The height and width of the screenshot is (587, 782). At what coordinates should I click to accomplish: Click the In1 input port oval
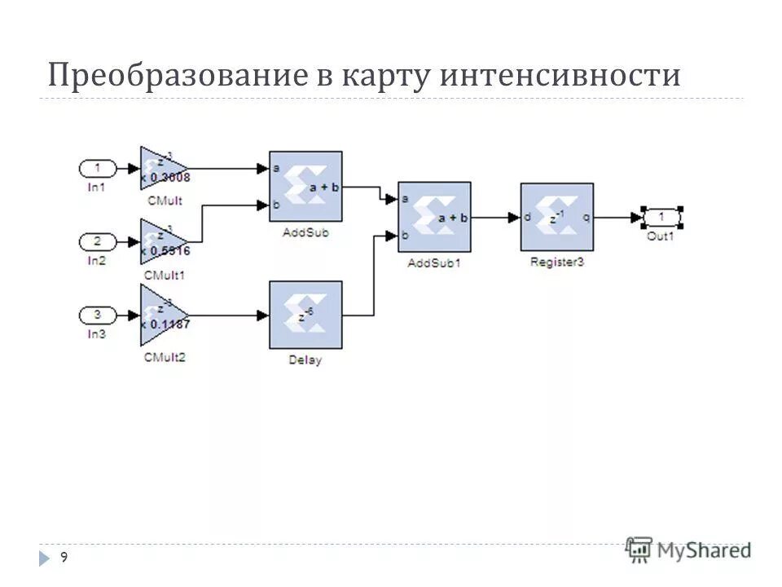[x=98, y=169]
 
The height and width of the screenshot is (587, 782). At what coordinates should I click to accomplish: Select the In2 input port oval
[x=98, y=241]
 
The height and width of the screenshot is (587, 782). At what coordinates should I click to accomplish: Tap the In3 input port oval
[x=98, y=315]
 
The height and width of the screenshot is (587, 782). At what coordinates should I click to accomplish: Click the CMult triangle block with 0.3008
[x=160, y=169]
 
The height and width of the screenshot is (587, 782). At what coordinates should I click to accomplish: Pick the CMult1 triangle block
[x=160, y=241]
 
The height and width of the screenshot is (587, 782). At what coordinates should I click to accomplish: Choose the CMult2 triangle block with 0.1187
[x=160, y=315]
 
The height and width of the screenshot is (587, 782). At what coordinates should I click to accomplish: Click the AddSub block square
[x=305, y=186]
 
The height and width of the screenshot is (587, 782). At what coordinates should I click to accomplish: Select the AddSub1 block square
[x=434, y=217]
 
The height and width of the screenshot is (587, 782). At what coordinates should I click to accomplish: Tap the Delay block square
[x=305, y=316]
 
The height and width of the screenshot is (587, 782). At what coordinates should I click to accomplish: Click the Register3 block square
[x=556, y=217]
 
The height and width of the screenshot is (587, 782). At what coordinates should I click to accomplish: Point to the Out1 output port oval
[x=661, y=217]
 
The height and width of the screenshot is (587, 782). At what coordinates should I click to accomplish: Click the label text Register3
[x=556, y=263]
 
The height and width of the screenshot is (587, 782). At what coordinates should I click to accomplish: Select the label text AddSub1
[x=434, y=263]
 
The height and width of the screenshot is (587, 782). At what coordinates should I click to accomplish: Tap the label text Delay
[x=305, y=360]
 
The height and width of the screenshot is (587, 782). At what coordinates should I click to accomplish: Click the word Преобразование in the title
[x=175, y=76]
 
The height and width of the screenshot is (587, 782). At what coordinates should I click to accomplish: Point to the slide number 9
[x=64, y=557]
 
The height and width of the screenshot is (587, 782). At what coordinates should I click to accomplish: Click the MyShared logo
[x=688, y=549]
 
